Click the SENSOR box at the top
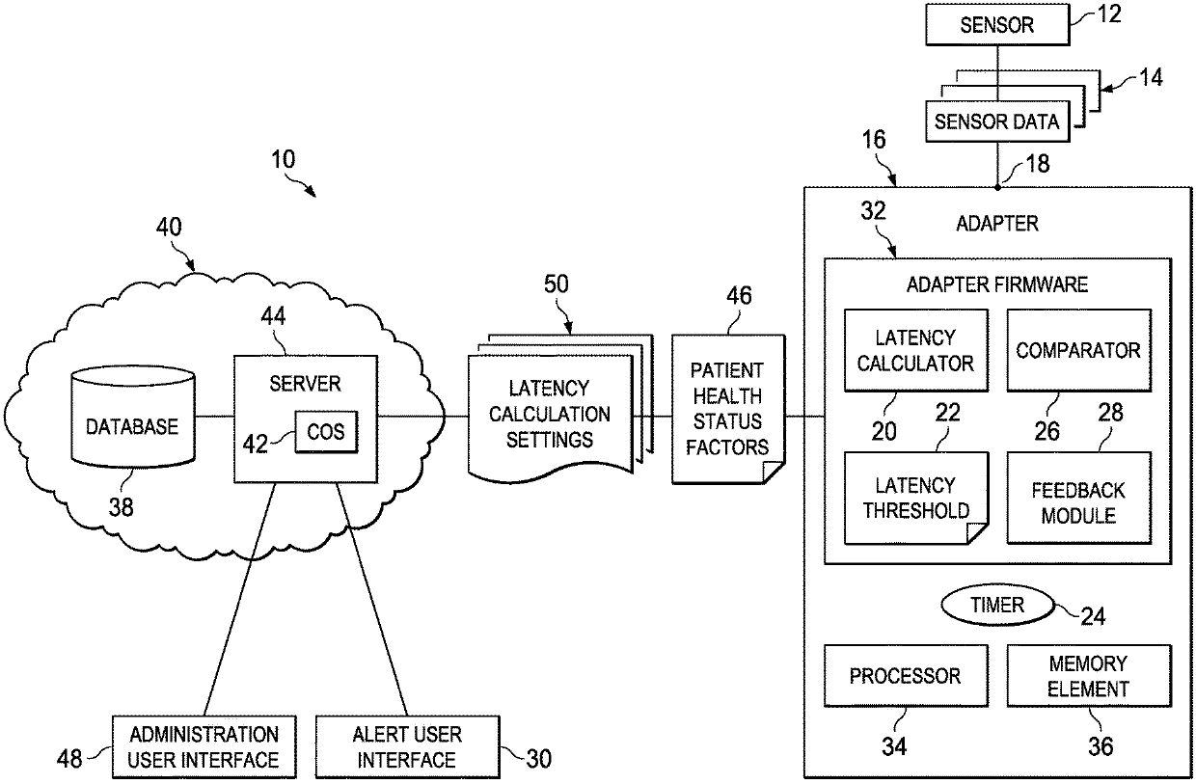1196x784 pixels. pos(996,24)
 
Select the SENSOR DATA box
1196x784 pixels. pos(996,122)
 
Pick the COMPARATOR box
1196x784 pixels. pos(1078,350)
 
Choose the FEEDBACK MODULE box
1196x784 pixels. pos(1078,503)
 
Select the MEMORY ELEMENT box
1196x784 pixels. pos(1088,676)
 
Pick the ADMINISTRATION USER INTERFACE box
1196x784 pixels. pos(204,746)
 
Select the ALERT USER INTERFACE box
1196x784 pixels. pos(406,746)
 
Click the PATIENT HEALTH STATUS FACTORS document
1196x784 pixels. pos(729,408)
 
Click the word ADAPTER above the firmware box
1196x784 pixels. pos(996,224)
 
